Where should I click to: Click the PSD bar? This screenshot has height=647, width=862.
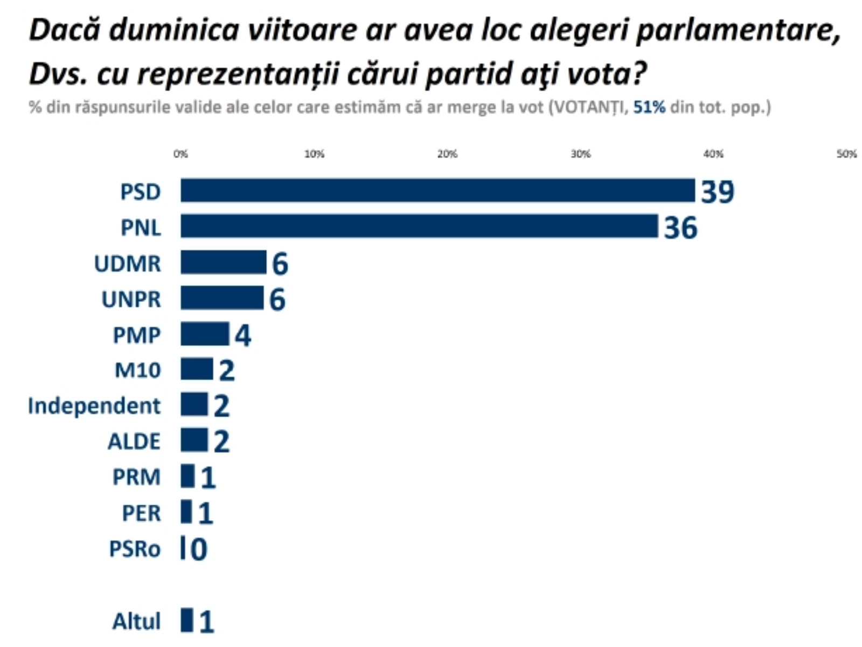(437, 190)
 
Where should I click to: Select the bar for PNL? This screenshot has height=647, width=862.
(419, 226)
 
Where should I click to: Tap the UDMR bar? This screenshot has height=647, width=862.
(223, 263)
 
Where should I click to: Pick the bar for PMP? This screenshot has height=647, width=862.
(205, 334)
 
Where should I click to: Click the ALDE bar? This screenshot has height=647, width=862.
(194, 440)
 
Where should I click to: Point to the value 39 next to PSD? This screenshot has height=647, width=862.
(717, 191)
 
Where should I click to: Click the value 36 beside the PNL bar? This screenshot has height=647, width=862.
(680, 228)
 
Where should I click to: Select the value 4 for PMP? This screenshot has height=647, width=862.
(242, 335)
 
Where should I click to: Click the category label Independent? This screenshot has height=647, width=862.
(94, 406)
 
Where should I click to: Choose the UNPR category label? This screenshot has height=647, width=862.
(131, 299)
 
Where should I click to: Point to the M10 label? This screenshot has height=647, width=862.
(137, 370)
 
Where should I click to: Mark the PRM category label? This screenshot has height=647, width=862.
(136, 477)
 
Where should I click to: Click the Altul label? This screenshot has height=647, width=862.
(136, 621)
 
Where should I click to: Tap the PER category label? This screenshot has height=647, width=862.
(141, 513)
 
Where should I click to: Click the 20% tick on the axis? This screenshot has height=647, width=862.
(447, 154)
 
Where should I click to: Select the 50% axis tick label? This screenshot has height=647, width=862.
(846, 154)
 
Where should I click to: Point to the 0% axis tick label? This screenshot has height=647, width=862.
(180, 154)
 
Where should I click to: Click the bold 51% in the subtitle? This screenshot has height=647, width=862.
(649, 107)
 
